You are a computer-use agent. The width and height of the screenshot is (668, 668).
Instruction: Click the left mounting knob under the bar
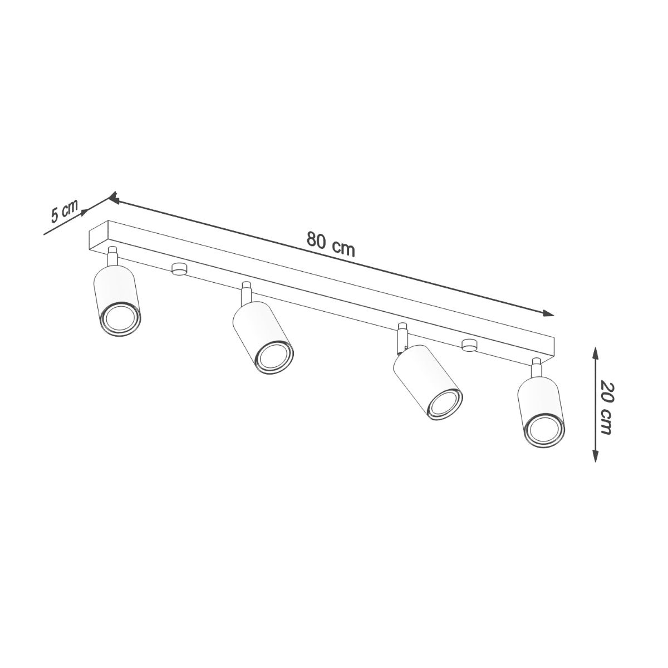coord(179,269)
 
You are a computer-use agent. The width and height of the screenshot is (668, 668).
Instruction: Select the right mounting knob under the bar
coord(469,345)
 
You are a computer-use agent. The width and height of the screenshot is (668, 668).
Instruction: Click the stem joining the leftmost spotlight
coord(113,257)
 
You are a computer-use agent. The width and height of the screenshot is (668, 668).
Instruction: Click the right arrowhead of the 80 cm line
coord(549,313)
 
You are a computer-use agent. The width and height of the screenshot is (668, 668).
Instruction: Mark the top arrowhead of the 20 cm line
coord(595,352)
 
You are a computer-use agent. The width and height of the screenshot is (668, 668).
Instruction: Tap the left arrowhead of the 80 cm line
coord(113,197)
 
